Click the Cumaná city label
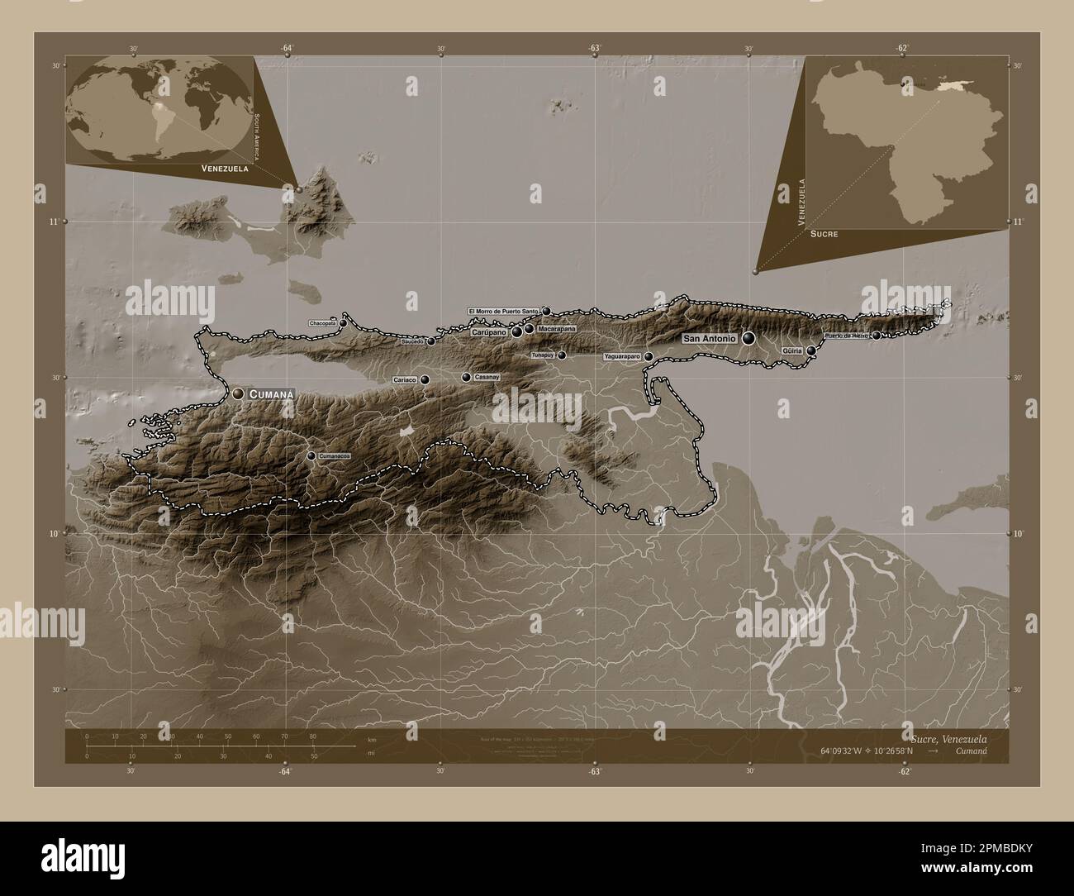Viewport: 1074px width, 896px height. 271,395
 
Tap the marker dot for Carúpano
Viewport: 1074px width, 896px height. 517,331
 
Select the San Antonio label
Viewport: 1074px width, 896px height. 710,338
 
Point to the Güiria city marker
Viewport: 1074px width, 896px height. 812,351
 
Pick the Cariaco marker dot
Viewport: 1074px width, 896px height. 425,379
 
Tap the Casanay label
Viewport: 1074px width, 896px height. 487,377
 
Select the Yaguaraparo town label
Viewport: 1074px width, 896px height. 622,357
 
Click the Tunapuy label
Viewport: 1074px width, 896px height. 543,355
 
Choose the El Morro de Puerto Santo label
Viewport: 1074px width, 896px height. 504,311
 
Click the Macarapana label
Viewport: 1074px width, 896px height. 555,329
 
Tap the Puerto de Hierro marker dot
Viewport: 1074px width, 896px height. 877,335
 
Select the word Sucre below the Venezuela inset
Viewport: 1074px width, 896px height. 824,234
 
